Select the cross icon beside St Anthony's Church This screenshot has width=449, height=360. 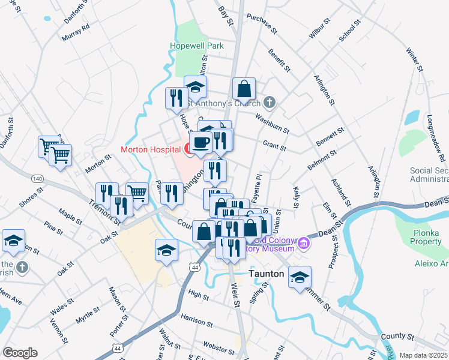pyautogui.click(x=270, y=101)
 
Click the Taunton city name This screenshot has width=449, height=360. pyautogui.click(x=266, y=273)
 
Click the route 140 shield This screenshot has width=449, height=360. pyautogui.click(x=38, y=179)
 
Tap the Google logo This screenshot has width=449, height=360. pyautogui.click(x=20, y=353)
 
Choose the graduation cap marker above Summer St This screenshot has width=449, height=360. pyautogui.click(x=300, y=277)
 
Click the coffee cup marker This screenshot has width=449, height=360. pyautogui.click(x=200, y=143)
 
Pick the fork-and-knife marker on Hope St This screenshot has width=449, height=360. pyautogui.click(x=176, y=98)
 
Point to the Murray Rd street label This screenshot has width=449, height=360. pyautogui.click(x=76, y=33)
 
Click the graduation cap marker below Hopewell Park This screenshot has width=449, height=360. pyautogui.click(x=196, y=87)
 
